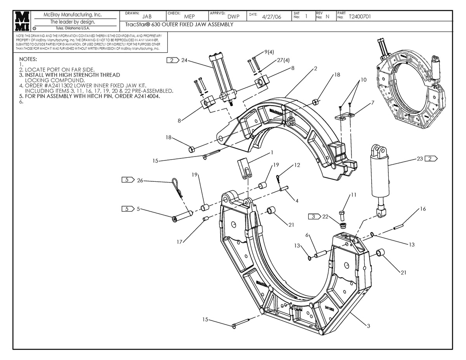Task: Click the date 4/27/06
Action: (272, 17)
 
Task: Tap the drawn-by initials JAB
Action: (147, 17)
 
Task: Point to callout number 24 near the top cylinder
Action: (184, 60)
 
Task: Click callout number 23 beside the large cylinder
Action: (420, 158)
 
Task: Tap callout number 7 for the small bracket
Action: (372, 103)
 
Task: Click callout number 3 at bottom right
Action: (368, 326)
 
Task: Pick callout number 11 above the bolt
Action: (353, 195)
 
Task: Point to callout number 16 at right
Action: (423, 209)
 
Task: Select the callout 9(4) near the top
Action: (269, 52)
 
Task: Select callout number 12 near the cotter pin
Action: (297, 165)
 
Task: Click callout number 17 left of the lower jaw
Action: (179, 242)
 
